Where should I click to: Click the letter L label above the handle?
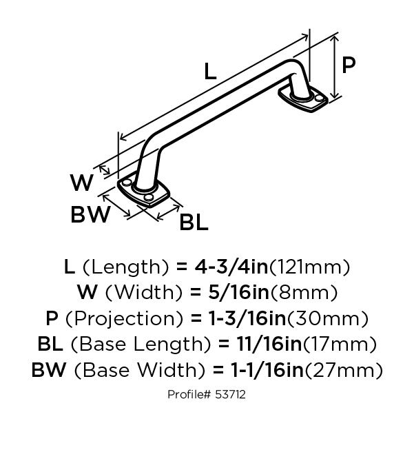coord(210,72)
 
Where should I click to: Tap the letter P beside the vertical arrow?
coord(349,65)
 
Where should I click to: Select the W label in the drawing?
coord(81,183)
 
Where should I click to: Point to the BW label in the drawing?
coord(90,214)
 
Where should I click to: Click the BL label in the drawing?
coord(194,223)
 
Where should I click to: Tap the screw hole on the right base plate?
coord(319,98)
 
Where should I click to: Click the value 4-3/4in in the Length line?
coord(231,267)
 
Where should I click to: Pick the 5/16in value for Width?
coord(238,292)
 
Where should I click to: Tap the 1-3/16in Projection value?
coord(247,318)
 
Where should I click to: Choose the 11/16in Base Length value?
coord(269,344)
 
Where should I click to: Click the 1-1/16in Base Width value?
coord(267,370)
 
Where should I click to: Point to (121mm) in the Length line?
coord(309,267)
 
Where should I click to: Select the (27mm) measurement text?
coord(344,370)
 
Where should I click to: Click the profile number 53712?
coord(230,394)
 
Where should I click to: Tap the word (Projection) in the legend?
coord(125,319)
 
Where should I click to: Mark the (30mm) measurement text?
coord(328,318)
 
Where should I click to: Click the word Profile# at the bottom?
coord(190,394)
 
